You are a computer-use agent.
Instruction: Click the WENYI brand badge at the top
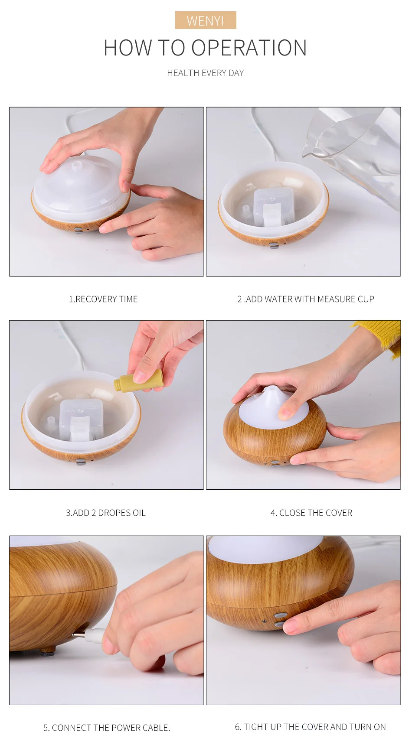pyautogui.click(x=206, y=20)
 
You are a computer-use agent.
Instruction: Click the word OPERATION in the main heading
pyautogui.click(x=249, y=48)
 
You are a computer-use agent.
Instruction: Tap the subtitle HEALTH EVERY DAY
pyautogui.click(x=206, y=73)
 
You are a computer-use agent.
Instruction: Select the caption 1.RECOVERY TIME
pyautogui.click(x=103, y=299)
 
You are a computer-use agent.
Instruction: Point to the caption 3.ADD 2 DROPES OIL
pyautogui.click(x=106, y=513)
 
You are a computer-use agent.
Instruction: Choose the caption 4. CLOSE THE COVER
pyautogui.click(x=311, y=513)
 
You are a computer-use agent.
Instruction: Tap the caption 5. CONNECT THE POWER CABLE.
pyautogui.click(x=107, y=728)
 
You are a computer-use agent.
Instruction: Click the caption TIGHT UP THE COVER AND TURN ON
pyautogui.click(x=315, y=727)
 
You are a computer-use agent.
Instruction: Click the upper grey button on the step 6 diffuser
pyautogui.click(x=280, y=615)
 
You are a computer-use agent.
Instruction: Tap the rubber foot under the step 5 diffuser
pyautogui.click(x=47, y=650)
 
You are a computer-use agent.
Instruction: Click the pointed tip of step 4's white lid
pyautogui.click(x=271, y=388)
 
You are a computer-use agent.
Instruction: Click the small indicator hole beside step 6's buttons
pyautogui.click(x=264, y=621)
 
